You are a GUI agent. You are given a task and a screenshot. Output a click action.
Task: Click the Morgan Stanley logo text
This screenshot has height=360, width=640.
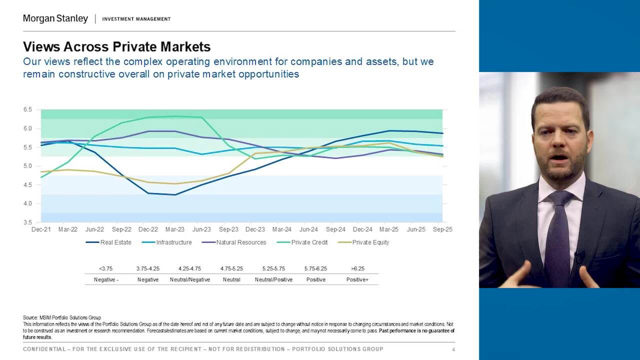click(55, 19)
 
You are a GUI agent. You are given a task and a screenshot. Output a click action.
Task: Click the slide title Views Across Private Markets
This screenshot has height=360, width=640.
click(116, 47)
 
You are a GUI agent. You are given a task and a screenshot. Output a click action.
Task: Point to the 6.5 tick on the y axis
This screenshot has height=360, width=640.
click(27, 109)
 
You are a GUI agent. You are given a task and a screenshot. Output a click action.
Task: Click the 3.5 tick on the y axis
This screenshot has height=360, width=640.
click(27, 222)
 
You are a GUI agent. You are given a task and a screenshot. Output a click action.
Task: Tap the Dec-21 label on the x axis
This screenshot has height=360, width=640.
click(40, 229)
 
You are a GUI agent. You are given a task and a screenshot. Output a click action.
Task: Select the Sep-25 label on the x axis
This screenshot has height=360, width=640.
click(443, 229)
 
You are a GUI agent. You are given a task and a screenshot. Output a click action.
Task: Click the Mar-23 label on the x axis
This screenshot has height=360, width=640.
click(174, 229)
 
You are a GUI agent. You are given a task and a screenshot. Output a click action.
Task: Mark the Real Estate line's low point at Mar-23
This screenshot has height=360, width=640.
click(174, 194)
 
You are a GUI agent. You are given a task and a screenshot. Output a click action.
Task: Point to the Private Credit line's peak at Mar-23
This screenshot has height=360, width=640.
click(174, 116)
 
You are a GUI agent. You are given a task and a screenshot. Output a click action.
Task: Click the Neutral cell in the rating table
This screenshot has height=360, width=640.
click(231, 280)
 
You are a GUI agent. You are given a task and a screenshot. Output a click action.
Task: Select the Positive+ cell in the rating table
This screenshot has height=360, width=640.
click(357, 280)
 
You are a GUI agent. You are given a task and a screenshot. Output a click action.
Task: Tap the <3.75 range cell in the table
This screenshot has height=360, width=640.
click(106, 268)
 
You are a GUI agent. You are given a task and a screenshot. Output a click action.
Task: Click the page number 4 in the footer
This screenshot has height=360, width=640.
click(453, 349)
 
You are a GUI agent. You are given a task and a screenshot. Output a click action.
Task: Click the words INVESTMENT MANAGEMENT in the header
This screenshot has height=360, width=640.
click(136, 19)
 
